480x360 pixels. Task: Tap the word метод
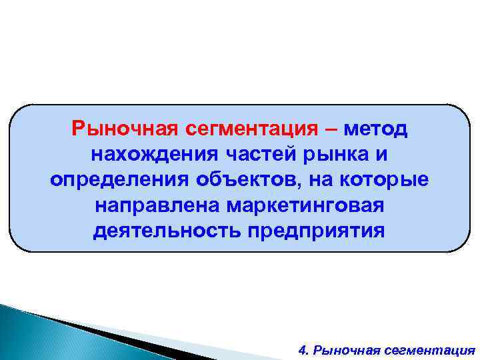376,127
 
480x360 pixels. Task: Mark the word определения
119,179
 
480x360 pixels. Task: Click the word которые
388,179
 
